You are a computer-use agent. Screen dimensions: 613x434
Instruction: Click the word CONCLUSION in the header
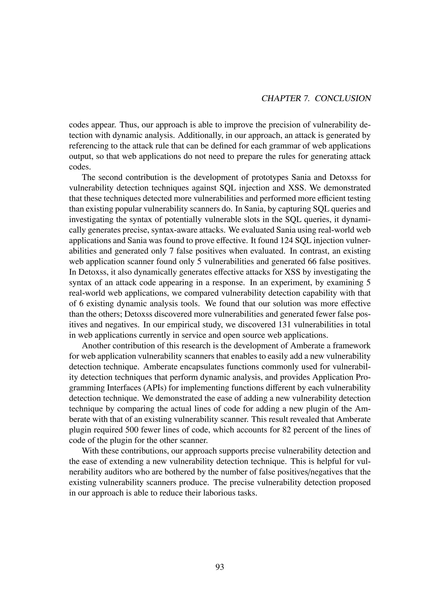point(343,98)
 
